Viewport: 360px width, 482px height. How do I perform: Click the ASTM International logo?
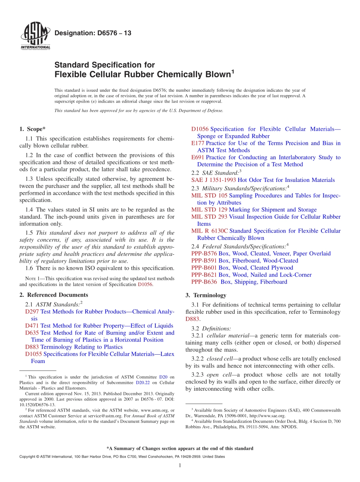click(35, 37)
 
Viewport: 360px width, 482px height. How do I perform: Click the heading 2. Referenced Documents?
click(53, 295)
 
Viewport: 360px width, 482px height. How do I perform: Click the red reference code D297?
click(32, 311)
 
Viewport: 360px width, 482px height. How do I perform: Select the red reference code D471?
click(32, 326)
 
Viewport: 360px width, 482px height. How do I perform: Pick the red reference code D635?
click(32, 333)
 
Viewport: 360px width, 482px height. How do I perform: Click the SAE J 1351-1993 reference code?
click(213, 180)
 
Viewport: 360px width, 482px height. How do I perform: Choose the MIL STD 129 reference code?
click(209, 210)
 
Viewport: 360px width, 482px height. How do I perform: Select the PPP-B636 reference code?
click(204, 282)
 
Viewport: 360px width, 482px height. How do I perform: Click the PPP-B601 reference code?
click(204, 268)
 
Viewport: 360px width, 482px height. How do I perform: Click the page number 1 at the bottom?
click(180, 465)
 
